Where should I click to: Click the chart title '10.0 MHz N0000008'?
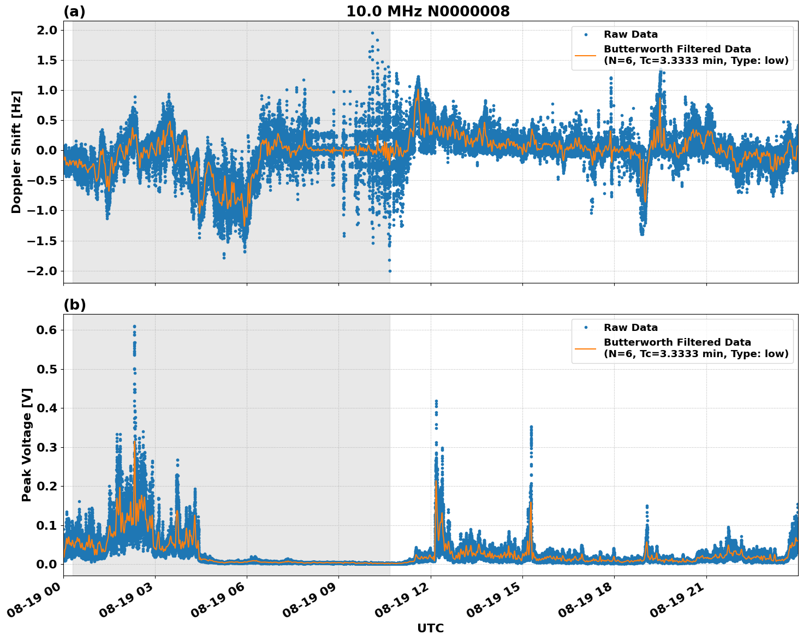pos(427,11)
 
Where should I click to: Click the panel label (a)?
pos(74,11)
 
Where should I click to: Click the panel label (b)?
pos(74,305)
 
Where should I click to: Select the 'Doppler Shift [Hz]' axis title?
pos(16,152)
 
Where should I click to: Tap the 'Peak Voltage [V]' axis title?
pos(27,445)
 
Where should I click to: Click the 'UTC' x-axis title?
pos(430,628)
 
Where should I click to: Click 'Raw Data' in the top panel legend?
pos(630,34)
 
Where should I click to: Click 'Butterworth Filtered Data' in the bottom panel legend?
pos(677,342)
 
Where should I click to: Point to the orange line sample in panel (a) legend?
pos(586,55)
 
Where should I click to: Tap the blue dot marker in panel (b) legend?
pos(586,328)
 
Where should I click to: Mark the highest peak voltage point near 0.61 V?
pos(134,327)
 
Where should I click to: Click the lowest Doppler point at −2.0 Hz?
pos(390,271)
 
